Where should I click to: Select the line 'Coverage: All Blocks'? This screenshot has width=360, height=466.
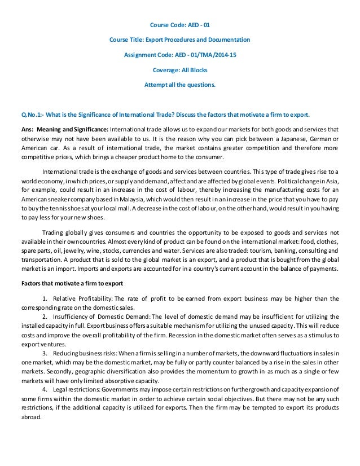coord(180,71)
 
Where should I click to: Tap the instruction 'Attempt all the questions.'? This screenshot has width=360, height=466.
coord(180,86)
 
